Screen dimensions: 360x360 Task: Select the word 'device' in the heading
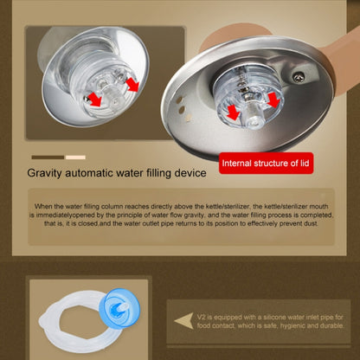pyautogui.click(x=188, y=172)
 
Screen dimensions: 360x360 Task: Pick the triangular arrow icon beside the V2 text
pyautogui.click(x=184, y=320)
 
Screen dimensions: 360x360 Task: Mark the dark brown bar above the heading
pyautogui.click(x=47, y=157)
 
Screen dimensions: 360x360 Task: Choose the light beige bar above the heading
pyautogui.click(x=75, y=157)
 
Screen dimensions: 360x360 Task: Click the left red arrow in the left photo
pyautogui.click(x=93, y=100)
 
